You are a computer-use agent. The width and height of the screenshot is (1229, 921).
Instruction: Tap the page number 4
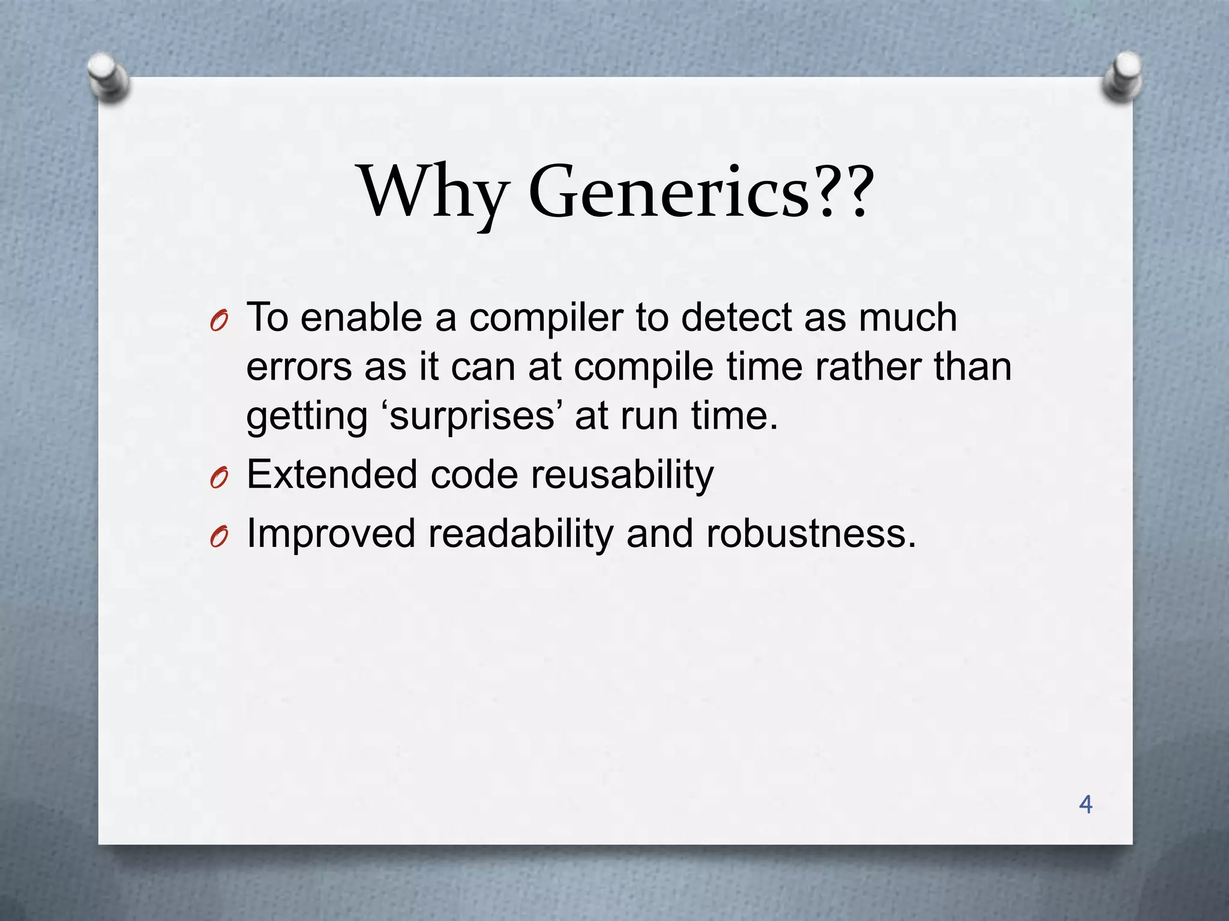tap(1086, 804)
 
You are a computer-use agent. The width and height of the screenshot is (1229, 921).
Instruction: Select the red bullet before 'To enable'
tap(218, 323)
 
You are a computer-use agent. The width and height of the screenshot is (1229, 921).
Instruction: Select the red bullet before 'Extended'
tap(218, 478)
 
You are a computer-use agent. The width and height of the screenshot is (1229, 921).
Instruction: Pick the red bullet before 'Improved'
tap(218, 537)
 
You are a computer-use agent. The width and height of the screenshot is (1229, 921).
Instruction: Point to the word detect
tap(736, 318)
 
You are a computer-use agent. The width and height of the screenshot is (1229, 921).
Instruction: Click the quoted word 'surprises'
tap(472, 416)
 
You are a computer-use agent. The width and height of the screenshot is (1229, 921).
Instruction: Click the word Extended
tap(332, 474)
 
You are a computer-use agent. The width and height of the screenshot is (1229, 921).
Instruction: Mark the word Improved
tap(331, 534)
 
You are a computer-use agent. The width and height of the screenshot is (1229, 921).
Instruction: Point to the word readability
tap(520, 534)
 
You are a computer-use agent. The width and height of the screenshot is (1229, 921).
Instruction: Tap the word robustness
tap(811, 534)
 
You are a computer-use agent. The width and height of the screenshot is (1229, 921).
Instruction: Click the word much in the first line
tap(908, 318)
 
